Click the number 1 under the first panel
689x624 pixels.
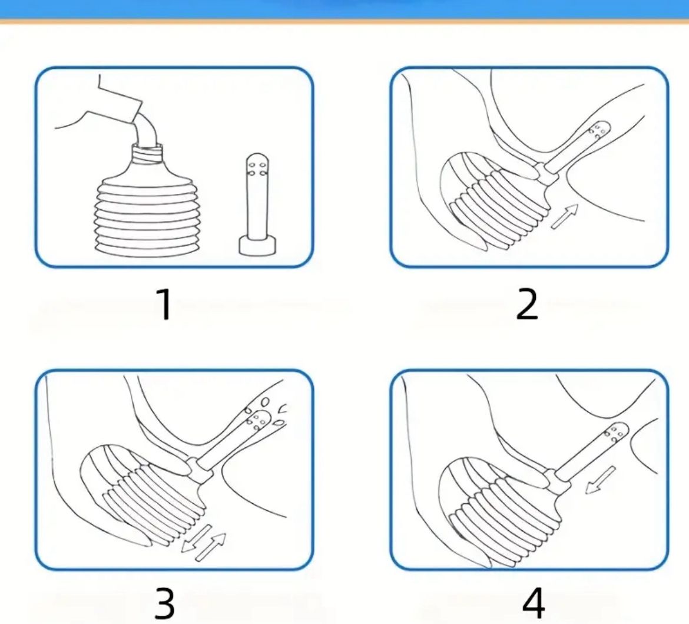[x=165, y=304]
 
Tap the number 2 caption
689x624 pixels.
[x=527, y=304]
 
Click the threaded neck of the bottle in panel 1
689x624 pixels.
[x=147, y=154]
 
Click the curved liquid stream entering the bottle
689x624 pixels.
[x=145, y=130]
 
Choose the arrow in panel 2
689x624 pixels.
[x=564, y=216]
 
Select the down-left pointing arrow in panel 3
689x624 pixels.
[x=196, y=539]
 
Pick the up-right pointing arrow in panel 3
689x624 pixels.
[x=211, y=547]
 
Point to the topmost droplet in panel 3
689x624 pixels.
[x=265, y=401]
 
